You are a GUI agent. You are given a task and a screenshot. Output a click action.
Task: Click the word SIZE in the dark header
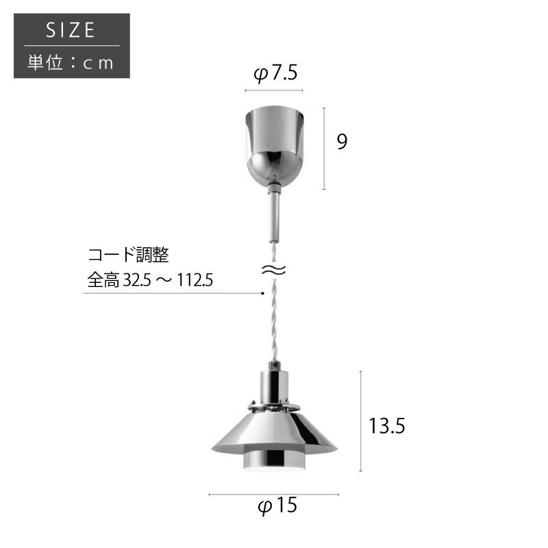71,31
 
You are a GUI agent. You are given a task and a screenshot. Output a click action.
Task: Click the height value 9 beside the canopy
342,142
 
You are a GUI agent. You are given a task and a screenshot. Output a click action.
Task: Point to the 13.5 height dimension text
387,426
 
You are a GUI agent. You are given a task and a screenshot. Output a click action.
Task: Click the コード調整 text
128,256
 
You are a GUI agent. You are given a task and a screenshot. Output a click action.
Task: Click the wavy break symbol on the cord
273,271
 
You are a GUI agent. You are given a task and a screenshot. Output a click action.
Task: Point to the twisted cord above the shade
273,322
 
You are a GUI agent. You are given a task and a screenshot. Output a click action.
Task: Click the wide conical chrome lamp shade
274,432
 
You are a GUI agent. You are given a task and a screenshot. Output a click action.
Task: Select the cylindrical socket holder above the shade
273,387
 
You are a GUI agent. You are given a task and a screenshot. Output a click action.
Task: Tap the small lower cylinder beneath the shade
273,463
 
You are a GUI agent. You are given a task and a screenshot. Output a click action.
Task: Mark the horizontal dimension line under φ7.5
274,90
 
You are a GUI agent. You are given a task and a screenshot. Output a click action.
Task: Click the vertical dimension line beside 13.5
361,421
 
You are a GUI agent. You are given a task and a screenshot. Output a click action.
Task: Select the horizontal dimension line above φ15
274,494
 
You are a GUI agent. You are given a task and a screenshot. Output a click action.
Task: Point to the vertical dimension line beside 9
324,148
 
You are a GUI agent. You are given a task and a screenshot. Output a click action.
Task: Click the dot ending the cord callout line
262,294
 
